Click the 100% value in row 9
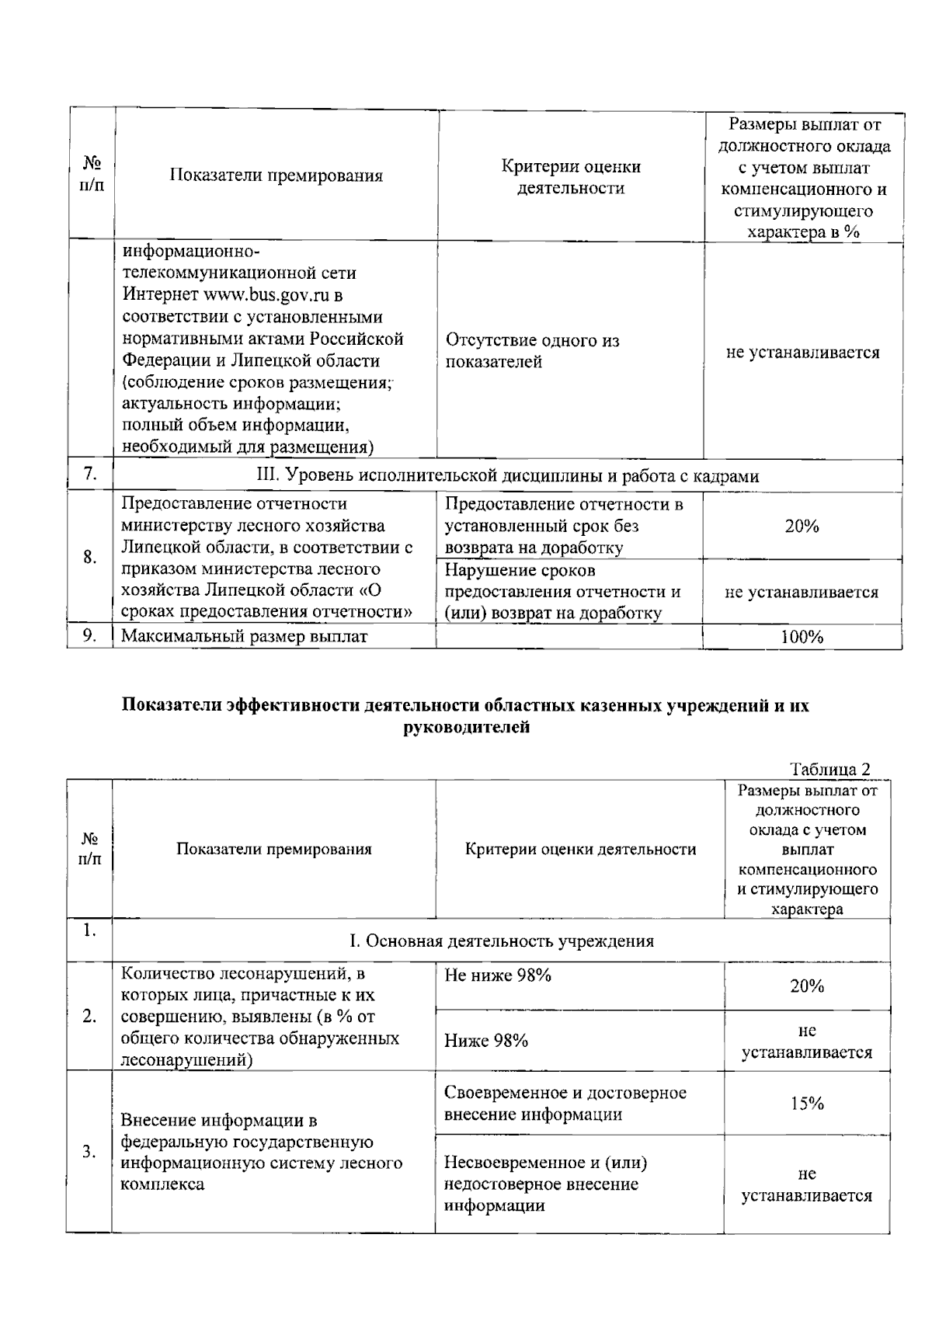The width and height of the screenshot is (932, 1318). click(802, 638)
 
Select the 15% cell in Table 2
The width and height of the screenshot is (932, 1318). click(807, 1103)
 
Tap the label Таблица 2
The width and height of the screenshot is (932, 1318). click(829, 769)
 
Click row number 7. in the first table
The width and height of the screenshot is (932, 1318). click(90, 475)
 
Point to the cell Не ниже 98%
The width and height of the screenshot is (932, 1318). click(498, 975)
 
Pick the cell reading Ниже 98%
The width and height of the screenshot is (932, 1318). click(486, 1041)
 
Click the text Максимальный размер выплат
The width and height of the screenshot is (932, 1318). click(245, 637)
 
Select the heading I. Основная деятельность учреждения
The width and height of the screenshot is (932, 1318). click(501, 941)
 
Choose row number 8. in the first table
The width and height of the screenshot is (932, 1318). click(90, 557)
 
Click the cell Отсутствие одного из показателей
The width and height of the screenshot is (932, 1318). click(532, 351)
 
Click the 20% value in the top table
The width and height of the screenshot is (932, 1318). click(802, 527)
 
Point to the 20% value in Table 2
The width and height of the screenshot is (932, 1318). click(807, 986)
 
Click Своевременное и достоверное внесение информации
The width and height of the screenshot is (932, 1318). click(565, 1104)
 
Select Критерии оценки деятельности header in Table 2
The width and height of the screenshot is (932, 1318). click(579, 849)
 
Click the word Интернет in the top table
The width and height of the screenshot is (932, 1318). click(161, 295)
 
